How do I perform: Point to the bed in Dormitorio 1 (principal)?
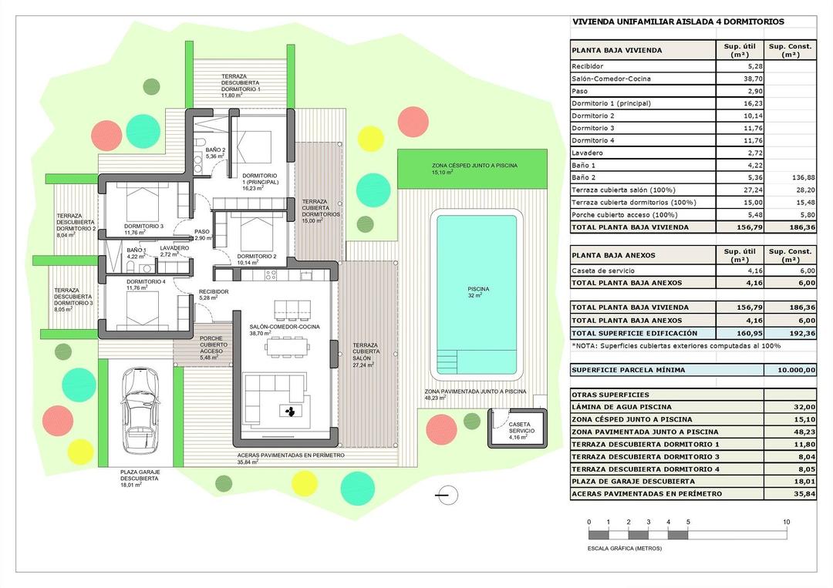[254, 146]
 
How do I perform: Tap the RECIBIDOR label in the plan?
[214, 293]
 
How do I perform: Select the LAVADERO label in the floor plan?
[174, 249]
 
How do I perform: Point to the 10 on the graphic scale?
[786, 522]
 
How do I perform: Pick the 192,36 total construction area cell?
[790, 333]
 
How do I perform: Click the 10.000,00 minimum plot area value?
[790, 370]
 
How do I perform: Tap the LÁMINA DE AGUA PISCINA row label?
[621, 407]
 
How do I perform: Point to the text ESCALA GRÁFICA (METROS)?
[624, 548]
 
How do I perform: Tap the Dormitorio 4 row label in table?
[593, 140]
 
